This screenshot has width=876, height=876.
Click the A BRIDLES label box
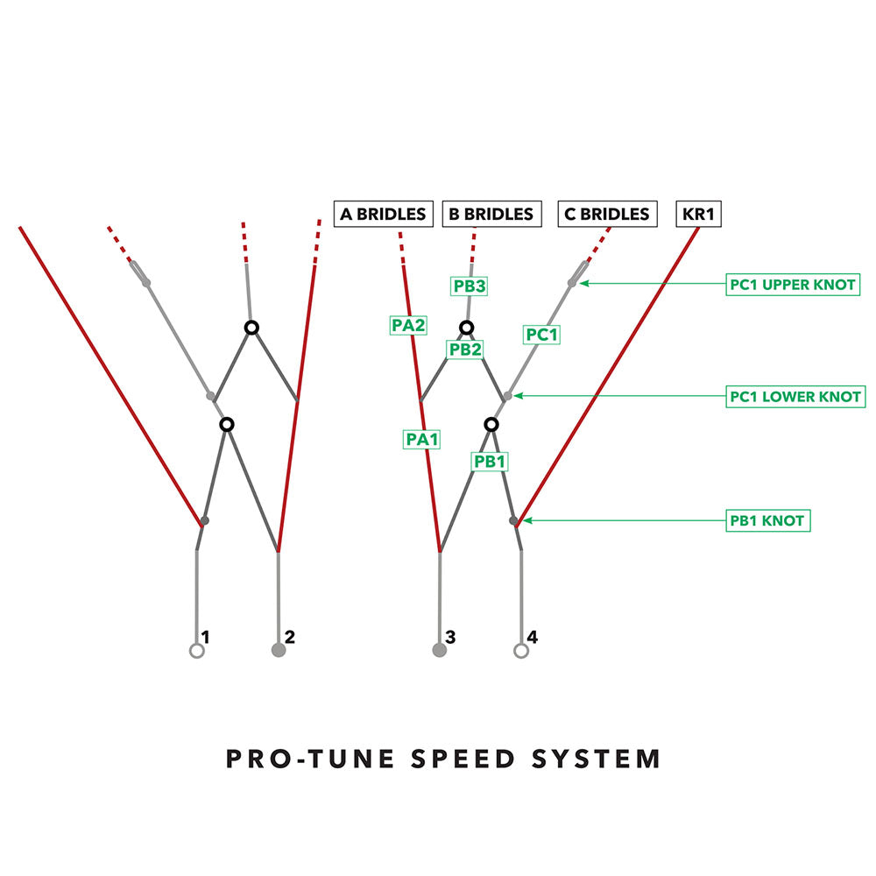point(384,214)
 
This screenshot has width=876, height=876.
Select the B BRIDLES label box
point(490,214)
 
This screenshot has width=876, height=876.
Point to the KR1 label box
point(698,214)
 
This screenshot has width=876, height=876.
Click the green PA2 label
point(408,325)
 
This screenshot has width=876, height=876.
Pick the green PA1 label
point(420,439)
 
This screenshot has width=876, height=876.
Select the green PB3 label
point(470,286)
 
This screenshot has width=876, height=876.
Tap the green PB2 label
point(465,349)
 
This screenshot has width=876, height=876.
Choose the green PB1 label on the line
point(490,461)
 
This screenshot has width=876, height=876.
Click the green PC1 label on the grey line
point(541,335)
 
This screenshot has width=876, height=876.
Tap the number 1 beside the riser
point(205,637)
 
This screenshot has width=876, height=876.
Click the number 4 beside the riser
point(533,637)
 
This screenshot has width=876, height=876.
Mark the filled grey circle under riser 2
point(279,650)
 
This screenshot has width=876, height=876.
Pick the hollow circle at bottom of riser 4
point(521,651)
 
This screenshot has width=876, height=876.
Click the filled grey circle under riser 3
point(439,650)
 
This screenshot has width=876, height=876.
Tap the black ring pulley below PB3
point(467,328)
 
